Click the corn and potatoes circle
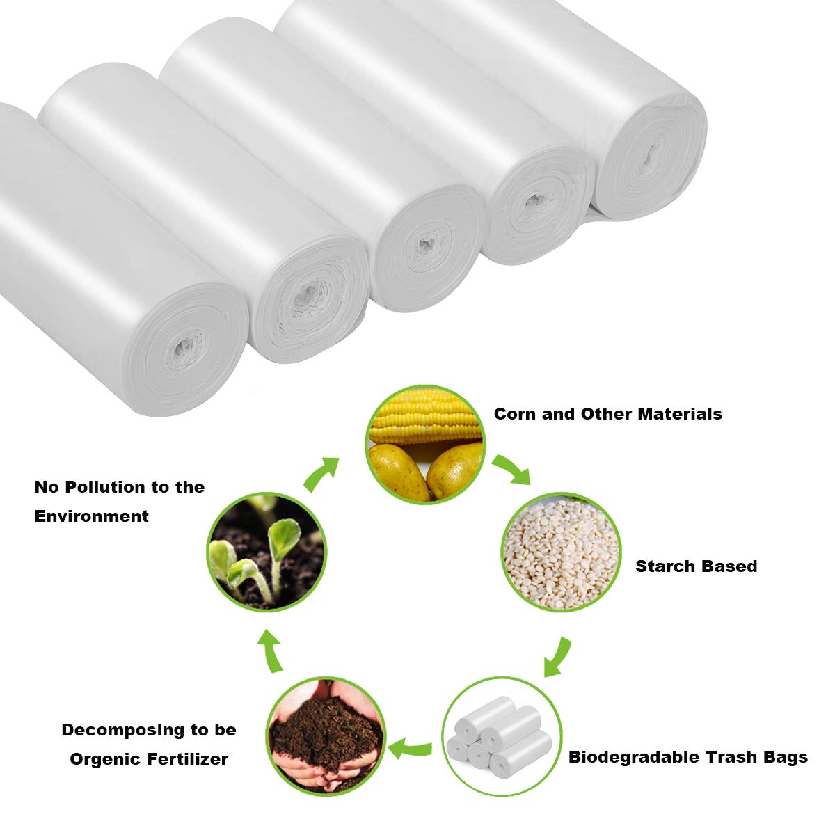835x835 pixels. pos(425,445)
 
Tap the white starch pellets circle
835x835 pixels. pos(561,552)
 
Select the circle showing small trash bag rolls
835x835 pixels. pos(502,737)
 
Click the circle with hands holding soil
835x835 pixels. pos(326,737)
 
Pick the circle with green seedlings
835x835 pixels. pos(267,552)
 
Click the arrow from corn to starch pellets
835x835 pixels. pos(511,469)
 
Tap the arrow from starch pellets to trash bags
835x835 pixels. pos(557,657)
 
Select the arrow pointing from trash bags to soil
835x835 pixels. pos(410,748)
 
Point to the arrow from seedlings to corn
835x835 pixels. pos(321,474)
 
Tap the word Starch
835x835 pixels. pos(663,566)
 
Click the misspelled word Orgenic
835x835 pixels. pos(104,759)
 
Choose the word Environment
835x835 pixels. pos(91,516)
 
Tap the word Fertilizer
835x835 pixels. pos(187,759)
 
